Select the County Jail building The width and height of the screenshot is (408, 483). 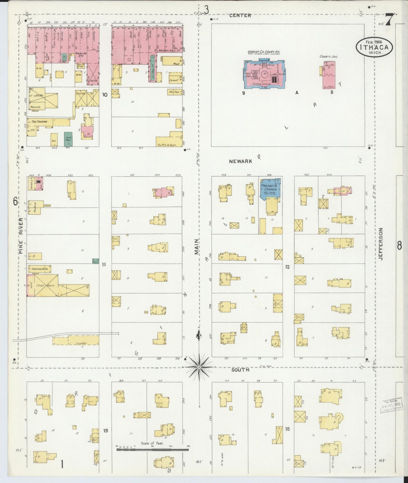329,75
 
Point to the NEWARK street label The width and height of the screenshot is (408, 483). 240,161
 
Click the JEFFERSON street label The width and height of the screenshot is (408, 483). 381,244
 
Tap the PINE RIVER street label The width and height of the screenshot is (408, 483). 21,235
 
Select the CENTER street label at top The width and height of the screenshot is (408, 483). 240,16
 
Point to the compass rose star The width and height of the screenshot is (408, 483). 199,367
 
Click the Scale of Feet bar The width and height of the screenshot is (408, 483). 153,448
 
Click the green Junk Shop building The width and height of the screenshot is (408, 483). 68,139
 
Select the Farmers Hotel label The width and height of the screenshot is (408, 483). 39,269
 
